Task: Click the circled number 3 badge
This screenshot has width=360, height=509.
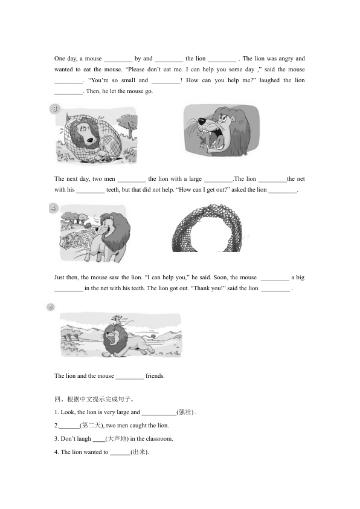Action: pos(55,108)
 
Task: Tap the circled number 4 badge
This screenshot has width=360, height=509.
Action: pos(54,208)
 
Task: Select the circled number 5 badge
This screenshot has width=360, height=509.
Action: pos(51,306)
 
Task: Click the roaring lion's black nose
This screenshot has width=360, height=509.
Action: pos(201,122)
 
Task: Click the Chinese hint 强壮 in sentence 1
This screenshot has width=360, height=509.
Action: pos(185,412)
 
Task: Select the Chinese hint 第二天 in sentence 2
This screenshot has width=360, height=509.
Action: pos(92,425)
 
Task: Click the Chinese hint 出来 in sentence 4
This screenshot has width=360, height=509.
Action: pos(140,452)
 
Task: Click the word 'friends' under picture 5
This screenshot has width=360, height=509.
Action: pos(155,376)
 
